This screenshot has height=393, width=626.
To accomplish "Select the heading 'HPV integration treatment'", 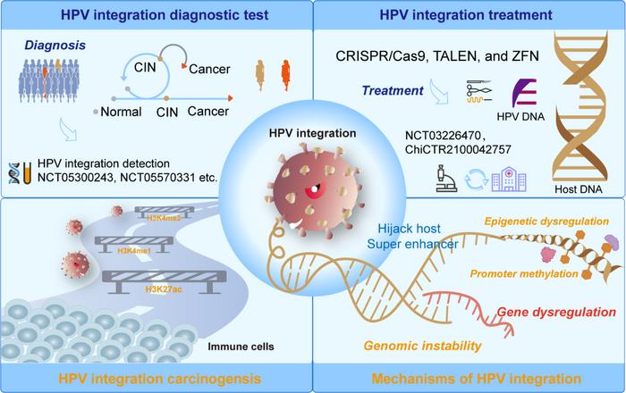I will pyautogui.click(x=469, y=13).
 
